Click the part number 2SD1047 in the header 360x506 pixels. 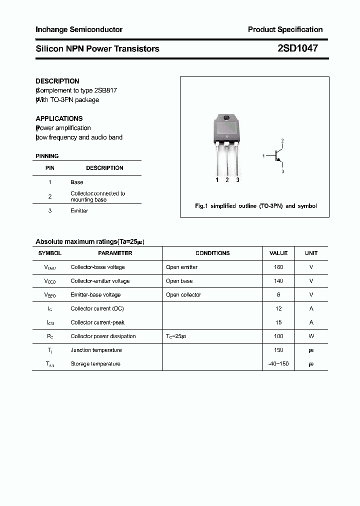click(x=297, y=48)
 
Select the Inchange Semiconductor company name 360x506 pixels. click(x=79, y=29)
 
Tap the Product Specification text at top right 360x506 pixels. click(x=285, y=29)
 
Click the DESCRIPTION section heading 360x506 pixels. click(x=57, y=81)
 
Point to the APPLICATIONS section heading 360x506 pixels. click(x=59, y=118)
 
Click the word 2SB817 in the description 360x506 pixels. click(x=106, y=90)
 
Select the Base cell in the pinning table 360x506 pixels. click(x=77, y=182)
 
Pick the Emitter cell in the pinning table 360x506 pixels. click(x=79, y=211)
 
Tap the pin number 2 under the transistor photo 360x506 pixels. click(x=227, y=180)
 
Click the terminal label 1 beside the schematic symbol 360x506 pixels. click(x=263, y=156)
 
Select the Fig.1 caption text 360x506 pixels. click(x=255, y=206)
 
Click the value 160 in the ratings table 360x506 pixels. click(x=278, y=267)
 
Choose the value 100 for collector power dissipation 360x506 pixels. click(x=278, y=336)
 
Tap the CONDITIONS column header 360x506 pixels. click(x=212, y=253)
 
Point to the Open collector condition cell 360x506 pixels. click(x=183, y=295)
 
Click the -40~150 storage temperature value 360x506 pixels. click(x=278, y=364)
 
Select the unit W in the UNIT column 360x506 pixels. click(x=311, y=336)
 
